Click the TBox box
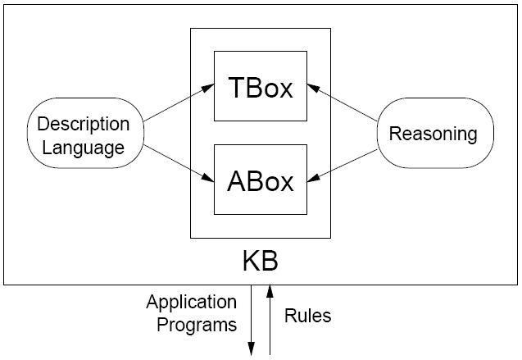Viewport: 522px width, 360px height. [260, 89]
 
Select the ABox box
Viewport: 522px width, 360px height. [260, 180]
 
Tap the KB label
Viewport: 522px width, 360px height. [260, 262]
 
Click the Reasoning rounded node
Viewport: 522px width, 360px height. [434, 133]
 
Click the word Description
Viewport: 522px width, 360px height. [84, 125]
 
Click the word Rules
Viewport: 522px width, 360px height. [307, 315]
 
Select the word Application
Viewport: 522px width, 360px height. [192, 302]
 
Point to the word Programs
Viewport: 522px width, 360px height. [197, 325]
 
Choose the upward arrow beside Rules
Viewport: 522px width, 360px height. [270, 320]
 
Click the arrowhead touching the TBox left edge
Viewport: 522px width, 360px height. [208, 85]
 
